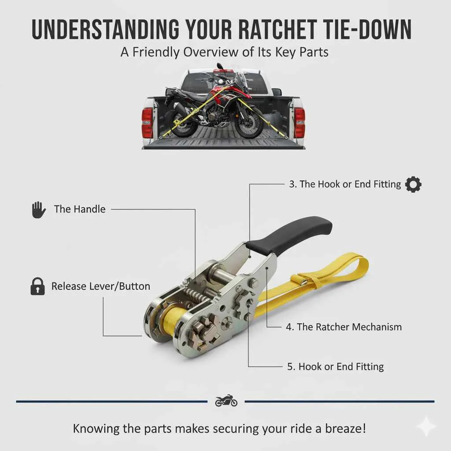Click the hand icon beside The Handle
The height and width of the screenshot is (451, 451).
(39, 209)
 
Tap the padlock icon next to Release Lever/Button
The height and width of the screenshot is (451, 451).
(37, 287)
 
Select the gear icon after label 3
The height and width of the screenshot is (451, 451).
(413, 184)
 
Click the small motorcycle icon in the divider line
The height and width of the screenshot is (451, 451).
(226, 401)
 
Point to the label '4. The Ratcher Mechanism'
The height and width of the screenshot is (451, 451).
(344, 327)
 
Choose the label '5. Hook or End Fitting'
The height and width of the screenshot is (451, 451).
(335, 366)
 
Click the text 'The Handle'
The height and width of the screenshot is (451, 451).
(80, 209)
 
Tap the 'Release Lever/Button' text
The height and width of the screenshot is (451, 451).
(101, 286)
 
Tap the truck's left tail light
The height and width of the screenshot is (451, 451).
(147, 122)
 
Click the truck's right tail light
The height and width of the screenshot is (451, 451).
(299, 122)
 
